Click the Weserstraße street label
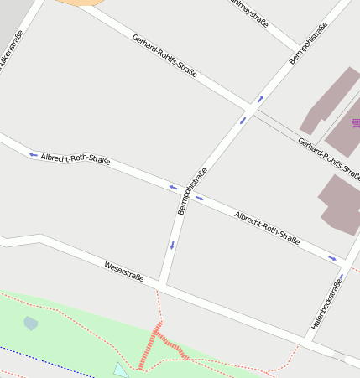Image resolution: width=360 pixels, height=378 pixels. pyautogui.click(x=124, y=272)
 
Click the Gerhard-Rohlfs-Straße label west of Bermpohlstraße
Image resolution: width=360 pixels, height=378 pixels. pyautogui.click(x=164, y=56)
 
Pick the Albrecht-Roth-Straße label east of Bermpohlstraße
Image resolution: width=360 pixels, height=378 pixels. pyautogui.click(x=267, y=226)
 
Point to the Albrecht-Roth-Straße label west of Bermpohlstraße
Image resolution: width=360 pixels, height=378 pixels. pyautogui.click(x=76, y=159)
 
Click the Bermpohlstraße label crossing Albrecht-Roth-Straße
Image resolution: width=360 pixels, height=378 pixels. pyautogui.click(x=192, y=191)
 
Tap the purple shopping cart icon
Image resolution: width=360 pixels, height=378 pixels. pyautogui.click(x=356, y=123)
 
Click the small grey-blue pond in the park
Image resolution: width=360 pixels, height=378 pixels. pyautogui.click(x=31, y=323)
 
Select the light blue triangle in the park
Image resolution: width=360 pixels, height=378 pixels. pyautogui.click(x=121, y=370)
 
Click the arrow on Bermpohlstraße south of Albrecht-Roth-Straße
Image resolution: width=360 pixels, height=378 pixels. pyautogui.click(x=172, y=246)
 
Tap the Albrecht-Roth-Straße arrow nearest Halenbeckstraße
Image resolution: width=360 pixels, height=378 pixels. pyautogui.click(x=332, y=259)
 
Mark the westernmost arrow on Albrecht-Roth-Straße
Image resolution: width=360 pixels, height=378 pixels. pyautogui.click(x=33, y=154)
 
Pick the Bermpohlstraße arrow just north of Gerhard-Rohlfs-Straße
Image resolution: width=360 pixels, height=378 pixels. pyautogui.click(x=260, y=99)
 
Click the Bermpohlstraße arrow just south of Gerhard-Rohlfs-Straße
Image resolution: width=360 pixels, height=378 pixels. pyautogui.click(x=243, y=121)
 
